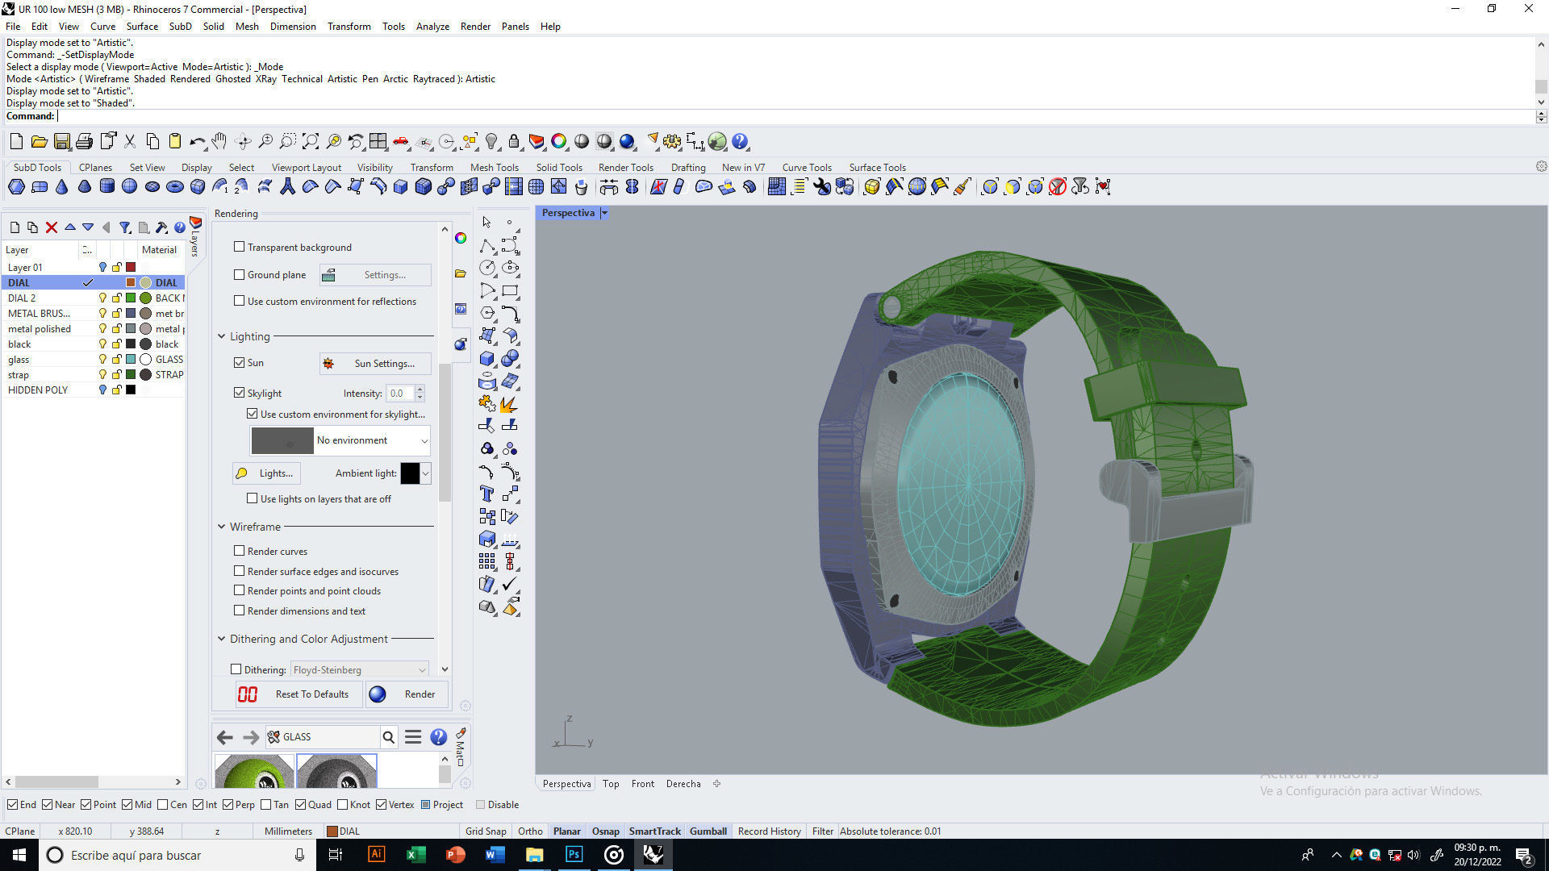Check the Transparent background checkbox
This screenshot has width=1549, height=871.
(x=239, y=247)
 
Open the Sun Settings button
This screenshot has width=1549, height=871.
(x=375, y=364)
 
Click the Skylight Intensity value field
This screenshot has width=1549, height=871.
(x=399, y=394)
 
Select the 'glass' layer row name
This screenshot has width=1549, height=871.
(x=19, y=360)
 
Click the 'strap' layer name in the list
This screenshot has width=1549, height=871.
(x=19, y=375)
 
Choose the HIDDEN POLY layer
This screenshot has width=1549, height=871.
(x=38, y=390)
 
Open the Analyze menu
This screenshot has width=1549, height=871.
(x=432, y=27)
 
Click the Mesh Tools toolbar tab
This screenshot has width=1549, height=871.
(x=494, y=168)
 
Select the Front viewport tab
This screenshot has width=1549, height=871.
(x=642, y=784)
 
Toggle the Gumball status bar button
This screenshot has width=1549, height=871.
(x=708, y=831)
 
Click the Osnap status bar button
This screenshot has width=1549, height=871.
(x=605, y=831)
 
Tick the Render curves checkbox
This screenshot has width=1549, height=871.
(x=239, y=551)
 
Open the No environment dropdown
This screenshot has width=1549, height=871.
(x=424, y=440)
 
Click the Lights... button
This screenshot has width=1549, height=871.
(x=266, y=473)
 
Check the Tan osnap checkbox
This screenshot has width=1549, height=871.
(x=266, y=805)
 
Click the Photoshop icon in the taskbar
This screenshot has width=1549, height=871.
(x=574, y=855)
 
